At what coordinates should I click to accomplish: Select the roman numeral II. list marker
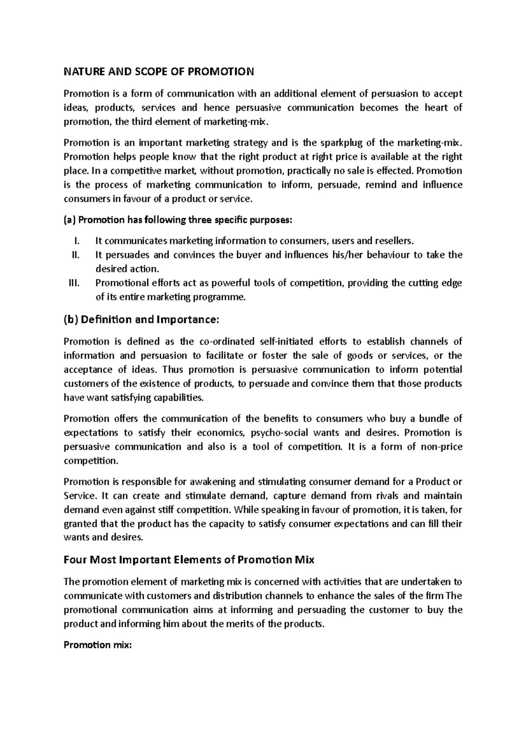pos(75,255)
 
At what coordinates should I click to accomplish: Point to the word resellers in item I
pos(394,241)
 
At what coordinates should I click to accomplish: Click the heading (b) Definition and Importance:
pos(140,319)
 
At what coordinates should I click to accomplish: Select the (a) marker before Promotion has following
pos(70,220)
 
